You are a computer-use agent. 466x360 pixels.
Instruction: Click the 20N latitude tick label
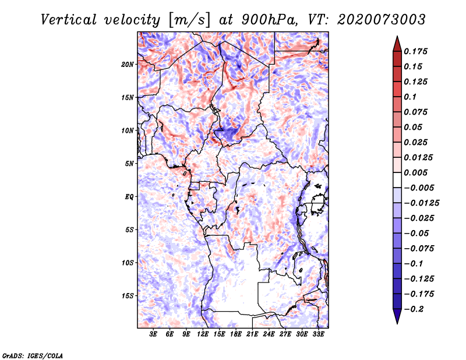click(128, 64)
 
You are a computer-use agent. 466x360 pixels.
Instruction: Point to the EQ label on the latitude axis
click(129, 197)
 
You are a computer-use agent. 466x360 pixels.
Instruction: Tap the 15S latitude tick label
click(128, 296)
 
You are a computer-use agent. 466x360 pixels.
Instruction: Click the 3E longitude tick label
click(154, 334)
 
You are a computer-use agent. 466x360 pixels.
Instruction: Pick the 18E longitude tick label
click(236, 334)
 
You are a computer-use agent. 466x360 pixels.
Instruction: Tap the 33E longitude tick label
click(318, 334)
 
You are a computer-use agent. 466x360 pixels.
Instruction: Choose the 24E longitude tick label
click(269, 334)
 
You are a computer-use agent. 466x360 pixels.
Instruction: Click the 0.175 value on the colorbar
click(417, 51)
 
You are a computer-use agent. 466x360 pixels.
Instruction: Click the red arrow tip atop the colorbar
click(397, 40)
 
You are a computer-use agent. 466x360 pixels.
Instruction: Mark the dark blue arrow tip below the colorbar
click(397, 319)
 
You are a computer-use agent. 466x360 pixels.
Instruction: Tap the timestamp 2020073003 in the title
click(376, 19)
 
